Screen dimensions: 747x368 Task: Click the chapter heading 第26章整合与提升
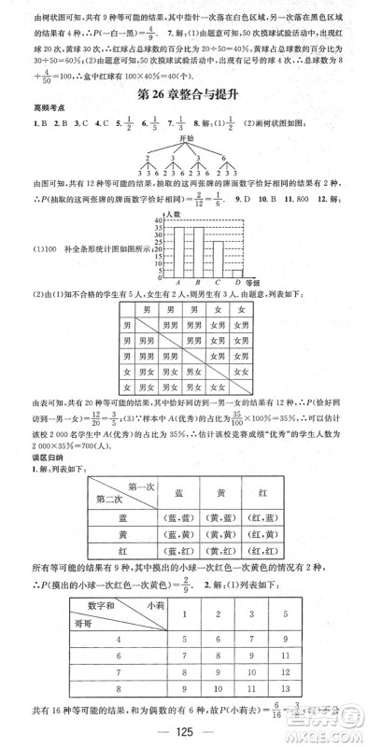pyautogui.click(x=184, y=95)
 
